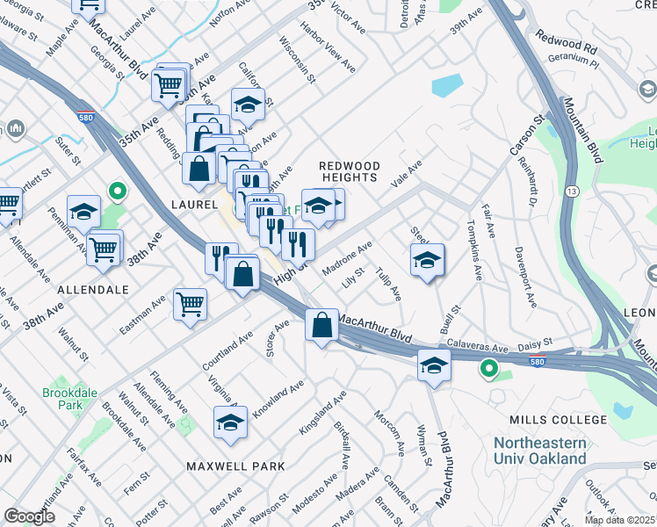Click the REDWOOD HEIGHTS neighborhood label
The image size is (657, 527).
(x=349, y=171)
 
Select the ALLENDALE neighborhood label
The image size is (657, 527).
(x=93, y=289)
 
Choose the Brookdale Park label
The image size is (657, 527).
(x=62, y=400)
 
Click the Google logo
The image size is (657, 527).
(x=29, y=516)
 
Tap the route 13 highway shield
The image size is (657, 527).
(x=572, y=191)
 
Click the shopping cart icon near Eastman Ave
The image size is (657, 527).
(x=190, y=305)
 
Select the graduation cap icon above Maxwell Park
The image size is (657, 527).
(x=230, y=422)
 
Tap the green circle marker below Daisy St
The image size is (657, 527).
(x=489, y=370)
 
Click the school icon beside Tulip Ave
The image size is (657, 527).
(x=427, y=260)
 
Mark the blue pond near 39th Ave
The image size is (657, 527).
(x=447, y=85)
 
